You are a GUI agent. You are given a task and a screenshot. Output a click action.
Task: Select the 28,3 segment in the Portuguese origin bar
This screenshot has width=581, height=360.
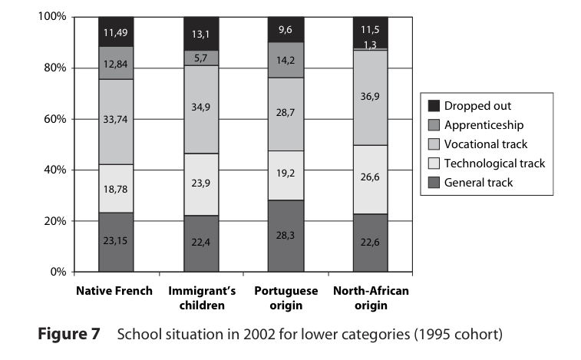point(286,236)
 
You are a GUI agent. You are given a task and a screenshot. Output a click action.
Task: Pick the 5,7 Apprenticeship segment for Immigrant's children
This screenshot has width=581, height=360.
point(201,58)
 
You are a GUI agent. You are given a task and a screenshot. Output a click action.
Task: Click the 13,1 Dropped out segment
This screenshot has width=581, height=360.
point(201,33)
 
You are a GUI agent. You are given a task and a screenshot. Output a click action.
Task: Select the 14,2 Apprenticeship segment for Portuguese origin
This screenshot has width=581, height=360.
point(286,60)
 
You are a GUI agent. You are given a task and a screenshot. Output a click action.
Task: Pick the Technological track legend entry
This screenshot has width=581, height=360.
point(494,163)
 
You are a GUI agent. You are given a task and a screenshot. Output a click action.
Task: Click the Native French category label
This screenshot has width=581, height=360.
point(114,292)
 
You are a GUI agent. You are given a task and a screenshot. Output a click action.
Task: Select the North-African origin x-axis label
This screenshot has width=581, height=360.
point(371,298)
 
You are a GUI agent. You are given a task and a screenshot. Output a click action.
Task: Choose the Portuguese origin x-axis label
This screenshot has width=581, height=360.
point(286,298)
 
